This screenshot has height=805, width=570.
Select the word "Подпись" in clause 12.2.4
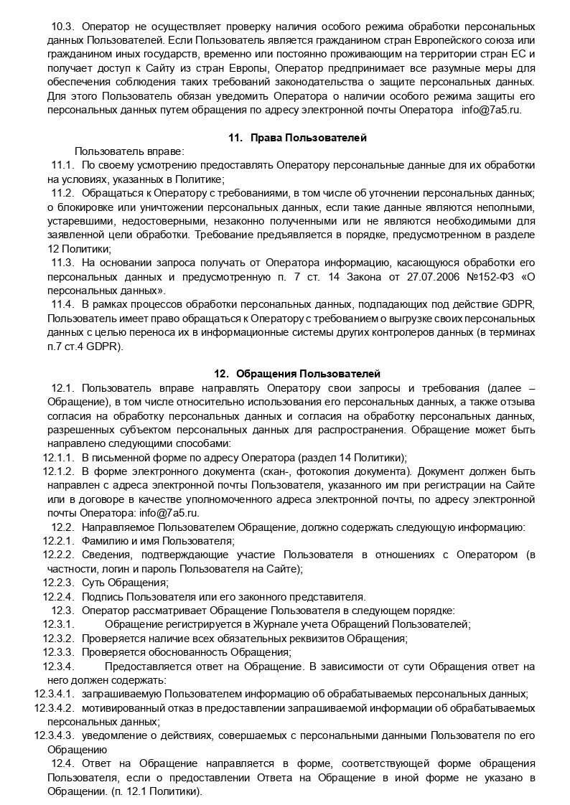point(101,597)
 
